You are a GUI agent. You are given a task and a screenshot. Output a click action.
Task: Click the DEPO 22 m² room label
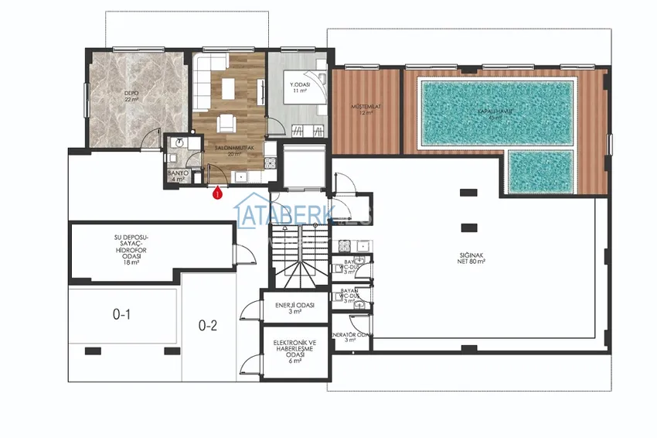pyautogui.click(x=131, y=97)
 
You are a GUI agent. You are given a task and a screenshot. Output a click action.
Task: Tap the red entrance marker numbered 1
pyautogui.click(x=218, y=194)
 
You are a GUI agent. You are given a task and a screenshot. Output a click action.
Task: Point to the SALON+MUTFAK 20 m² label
pyautogui.click(x=228, y=151)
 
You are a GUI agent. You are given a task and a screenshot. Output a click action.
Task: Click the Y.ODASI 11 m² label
pyautogui.click(x=300, y=87)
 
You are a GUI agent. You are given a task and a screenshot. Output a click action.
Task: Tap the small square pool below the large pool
pyautogui.click(x=541, y=171)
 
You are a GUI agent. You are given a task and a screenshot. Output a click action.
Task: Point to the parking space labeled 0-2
pyautogui.click(x=208, y=326)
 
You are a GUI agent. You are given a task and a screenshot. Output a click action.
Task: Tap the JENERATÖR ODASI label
pyautogui.click(x=352, y=337)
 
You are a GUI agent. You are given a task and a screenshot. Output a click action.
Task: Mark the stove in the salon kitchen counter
pyautogui.click(x=269, y=163)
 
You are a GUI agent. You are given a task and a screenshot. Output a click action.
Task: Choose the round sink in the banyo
pyautogui.click(x=179, y=143)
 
